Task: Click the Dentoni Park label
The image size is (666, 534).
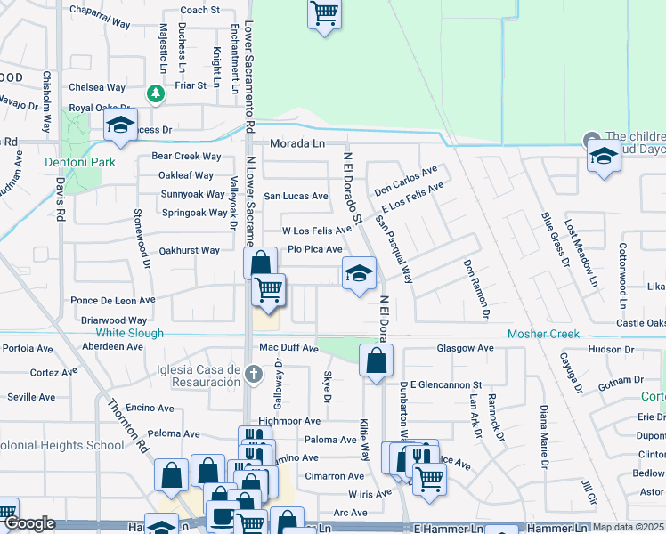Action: click(x=72, y=163)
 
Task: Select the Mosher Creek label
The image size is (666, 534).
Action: click(x=543, y=334)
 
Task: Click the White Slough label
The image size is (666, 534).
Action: click(x=130, y=333)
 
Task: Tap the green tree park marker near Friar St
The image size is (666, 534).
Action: click(x=156, y=93)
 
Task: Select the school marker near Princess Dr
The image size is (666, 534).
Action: click(x=120, y=125)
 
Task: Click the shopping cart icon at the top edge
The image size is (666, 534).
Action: click(x=324, y=14)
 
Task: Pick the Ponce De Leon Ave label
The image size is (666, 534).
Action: click(x=113, y=300)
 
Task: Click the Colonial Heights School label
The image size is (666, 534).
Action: click(x=62, y=445)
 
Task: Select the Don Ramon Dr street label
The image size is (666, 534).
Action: click(x=475, y=288)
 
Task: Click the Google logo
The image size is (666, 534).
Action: click(x=28, y=524)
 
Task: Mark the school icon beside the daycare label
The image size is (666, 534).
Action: click(x=604, y=157)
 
